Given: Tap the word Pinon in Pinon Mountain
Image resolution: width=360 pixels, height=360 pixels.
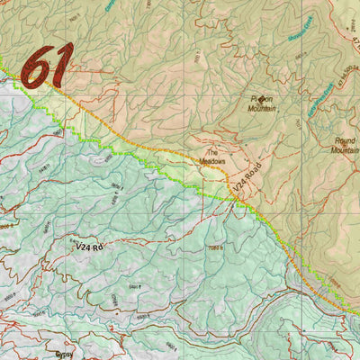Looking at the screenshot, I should click(x=262, y=101).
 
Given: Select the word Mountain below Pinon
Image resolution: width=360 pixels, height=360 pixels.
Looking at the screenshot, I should click(x=262, y=110).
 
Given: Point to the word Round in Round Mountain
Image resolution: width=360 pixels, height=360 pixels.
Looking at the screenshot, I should click(x=345, y=141).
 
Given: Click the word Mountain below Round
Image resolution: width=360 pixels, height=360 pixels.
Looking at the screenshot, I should click(x=345, y=151).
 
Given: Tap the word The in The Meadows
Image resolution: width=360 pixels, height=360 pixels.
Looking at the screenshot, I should click(x=213, y=153).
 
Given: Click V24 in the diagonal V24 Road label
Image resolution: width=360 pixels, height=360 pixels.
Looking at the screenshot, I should click(x=236, y=187).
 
